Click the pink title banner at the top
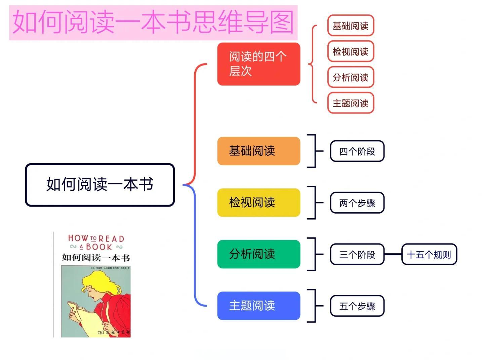[x=153, y=22]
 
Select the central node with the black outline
[x=100, y=185]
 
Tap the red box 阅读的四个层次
[x=258, y=64]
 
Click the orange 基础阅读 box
[x=258, y=151]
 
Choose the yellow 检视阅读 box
[x=258, y=203]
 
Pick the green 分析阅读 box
[x=258, y=254]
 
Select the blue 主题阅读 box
[x=258, y=306]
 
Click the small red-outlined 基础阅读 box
[x=351, y=26]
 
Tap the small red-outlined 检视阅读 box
[x=351, y=51]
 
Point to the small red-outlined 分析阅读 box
[x=351, y=77]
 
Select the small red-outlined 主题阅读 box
[x=351, y=103]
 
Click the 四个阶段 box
[x=357, y=151]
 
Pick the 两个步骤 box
[x=357, y=203]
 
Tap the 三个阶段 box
[x=357, y=254]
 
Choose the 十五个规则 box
[x=429, y=254]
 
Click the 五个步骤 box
[x=357, y=306]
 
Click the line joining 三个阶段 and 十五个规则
[x=393, y=254]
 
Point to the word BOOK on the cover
[x=99, y=247]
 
